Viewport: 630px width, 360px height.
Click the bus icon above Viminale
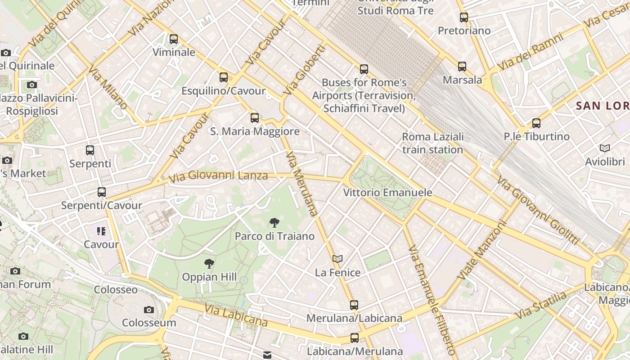point(174,39)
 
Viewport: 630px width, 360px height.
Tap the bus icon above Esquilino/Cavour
point(224,77)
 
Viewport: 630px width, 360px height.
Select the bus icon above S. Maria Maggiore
point(255,118)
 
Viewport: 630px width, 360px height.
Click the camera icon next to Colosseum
point(149,310)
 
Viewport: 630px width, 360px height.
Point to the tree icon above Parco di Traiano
point(274,222)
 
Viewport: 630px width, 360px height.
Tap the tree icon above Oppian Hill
point(209,264)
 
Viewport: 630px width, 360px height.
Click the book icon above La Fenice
point(337,259)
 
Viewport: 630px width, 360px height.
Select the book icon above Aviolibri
point(605,148)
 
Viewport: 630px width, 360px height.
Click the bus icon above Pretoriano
point(464,18)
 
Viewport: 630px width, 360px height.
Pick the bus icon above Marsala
point(462,67)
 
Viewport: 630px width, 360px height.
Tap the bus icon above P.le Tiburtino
point(536,123)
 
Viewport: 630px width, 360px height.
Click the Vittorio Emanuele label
point(387,193)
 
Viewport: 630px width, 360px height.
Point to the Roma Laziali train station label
point(432,143)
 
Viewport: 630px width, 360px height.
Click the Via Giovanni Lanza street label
point(218,176)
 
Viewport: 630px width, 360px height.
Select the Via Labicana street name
point(236,315)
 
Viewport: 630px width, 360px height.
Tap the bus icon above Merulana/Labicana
point(354,305)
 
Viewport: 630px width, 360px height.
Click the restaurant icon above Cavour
point(101,231)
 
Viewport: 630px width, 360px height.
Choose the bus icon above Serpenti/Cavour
point(102,192)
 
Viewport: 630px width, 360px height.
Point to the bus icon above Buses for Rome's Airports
point(364,69)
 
